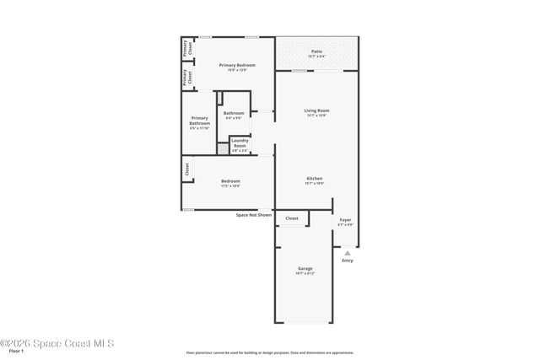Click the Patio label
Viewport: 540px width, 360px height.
(x=316, y=51)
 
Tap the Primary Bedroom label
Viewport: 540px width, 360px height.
(x=237, y=66)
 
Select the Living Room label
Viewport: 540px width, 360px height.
(x=316, y=110)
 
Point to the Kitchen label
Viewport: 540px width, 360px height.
(x=315, y=179)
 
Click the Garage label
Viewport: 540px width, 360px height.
(x=305, y=269)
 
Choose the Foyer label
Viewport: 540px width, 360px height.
(x=345, y=221)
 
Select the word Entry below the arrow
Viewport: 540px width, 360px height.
(x=348, y=260)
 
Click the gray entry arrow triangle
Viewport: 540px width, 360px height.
(x=347, y=252)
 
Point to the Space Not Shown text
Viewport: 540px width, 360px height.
(x=254, y=215)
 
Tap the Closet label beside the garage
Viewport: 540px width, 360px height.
(x=292, y=218)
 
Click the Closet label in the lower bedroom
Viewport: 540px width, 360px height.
(x=186, y=169)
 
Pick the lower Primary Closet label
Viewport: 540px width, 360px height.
(x=189, y=78)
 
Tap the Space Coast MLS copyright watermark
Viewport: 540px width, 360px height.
(x=57, y=343)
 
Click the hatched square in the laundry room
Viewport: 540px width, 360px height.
(x=223, y=148)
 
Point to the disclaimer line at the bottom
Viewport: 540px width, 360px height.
(x=270, y=352)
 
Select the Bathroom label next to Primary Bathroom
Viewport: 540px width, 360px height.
(x=234, y=114)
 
